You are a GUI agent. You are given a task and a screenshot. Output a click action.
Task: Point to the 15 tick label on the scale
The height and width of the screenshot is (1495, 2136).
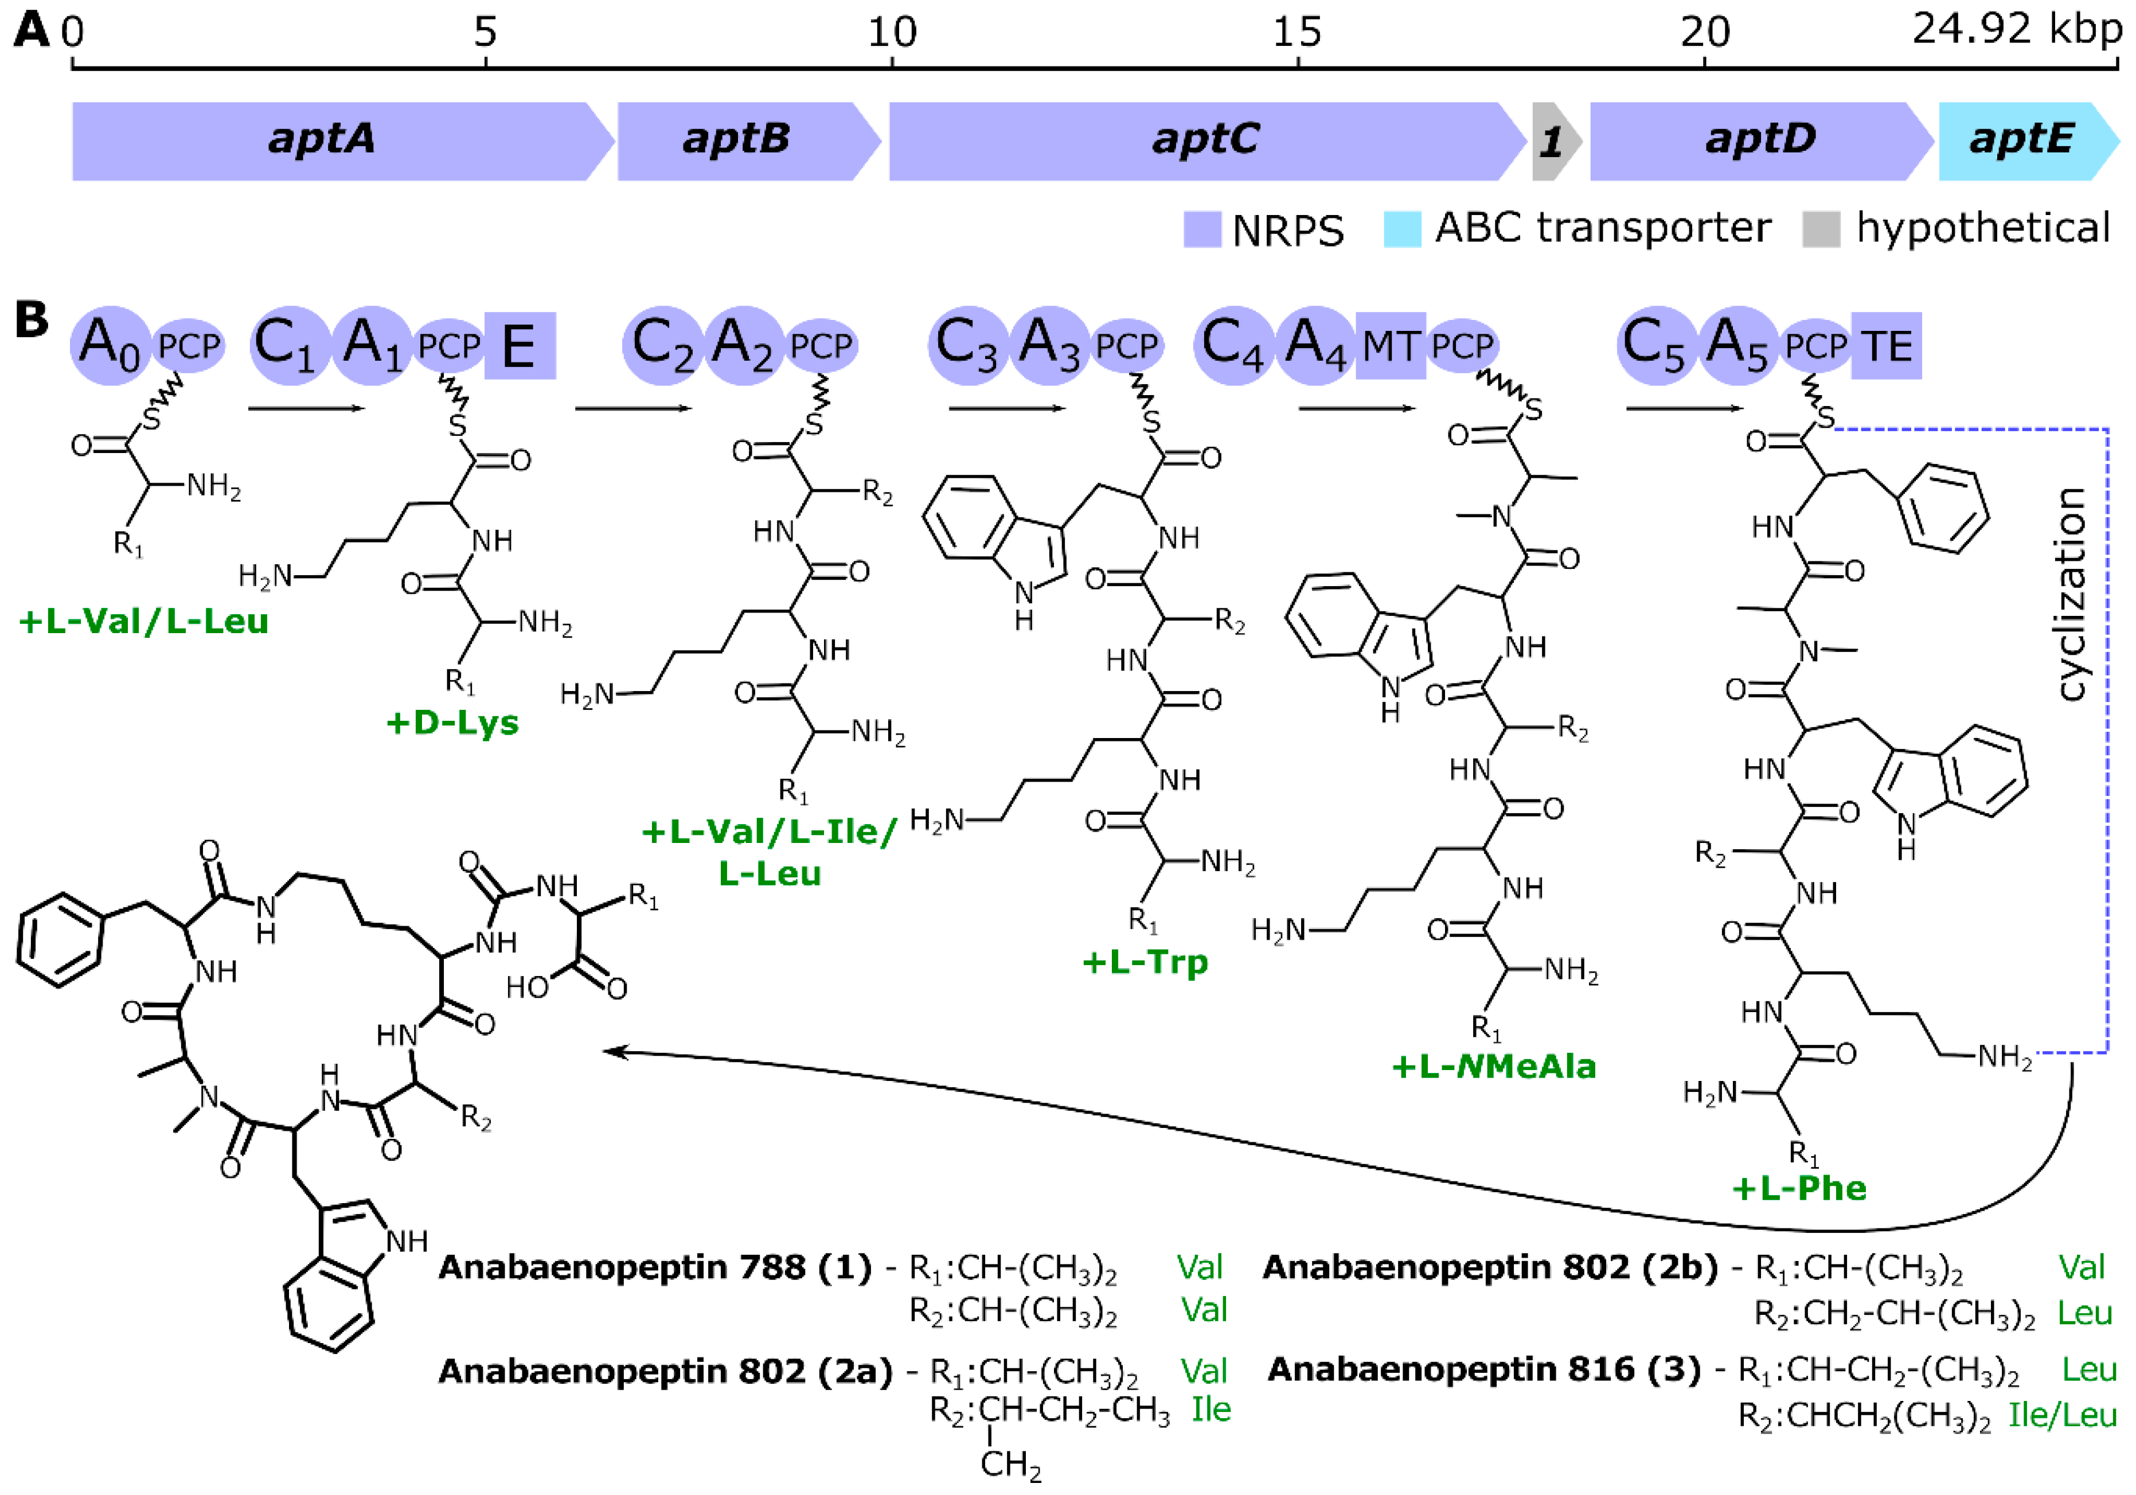tap(1297, 33)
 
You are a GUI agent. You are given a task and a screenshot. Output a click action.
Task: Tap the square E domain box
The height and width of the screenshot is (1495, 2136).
tap(519, 346)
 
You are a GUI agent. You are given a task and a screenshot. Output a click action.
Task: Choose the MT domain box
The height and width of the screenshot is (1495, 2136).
tap(1390, 346)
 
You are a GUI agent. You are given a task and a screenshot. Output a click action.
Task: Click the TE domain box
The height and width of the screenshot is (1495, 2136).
tap(1887, 346)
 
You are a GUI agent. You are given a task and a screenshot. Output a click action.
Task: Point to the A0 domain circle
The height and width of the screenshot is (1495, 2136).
tap(110, 344)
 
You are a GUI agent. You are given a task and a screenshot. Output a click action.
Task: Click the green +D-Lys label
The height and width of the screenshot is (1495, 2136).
tap(452, 723)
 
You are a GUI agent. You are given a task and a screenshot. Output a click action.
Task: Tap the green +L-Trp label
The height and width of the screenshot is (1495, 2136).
tap(1145, 961)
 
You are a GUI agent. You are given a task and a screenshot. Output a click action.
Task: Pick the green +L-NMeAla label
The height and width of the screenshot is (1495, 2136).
tap(1493, 1066)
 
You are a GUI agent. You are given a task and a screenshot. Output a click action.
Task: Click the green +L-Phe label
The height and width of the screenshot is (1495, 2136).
tap(1799, 1188)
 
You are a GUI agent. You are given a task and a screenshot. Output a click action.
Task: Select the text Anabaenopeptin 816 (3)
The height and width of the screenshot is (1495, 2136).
tap(1484, 1369)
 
